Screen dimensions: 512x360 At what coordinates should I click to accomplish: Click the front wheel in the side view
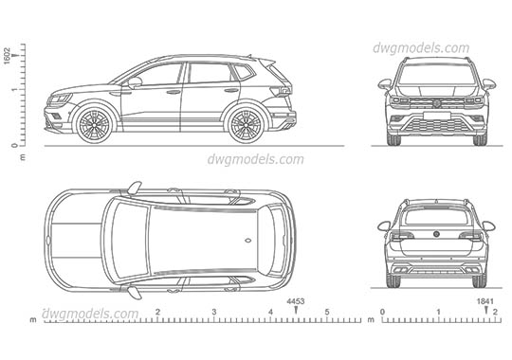[x=95, y=123]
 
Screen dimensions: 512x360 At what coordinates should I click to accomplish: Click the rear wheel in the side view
[x=246, y=123]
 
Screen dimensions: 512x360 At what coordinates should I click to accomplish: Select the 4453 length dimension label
[x=296, y=302]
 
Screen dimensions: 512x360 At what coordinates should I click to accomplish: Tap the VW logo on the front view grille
[x=437, y=102]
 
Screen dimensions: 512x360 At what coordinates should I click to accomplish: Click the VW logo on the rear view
[x=437, y=235]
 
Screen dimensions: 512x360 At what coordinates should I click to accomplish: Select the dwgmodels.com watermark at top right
[x=422, y=48]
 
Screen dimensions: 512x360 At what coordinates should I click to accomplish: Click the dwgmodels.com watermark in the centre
[x=256, y=159]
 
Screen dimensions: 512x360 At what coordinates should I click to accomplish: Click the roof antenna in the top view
[x=247, y=241]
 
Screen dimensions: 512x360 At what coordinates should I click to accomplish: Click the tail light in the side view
[x=278, y=92]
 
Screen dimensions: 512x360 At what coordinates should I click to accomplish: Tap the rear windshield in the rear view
[x=437, y=216]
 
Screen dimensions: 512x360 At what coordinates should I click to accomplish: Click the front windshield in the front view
[x=437, y=76]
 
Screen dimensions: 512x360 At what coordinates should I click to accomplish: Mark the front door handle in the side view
[x=174, y=92]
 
